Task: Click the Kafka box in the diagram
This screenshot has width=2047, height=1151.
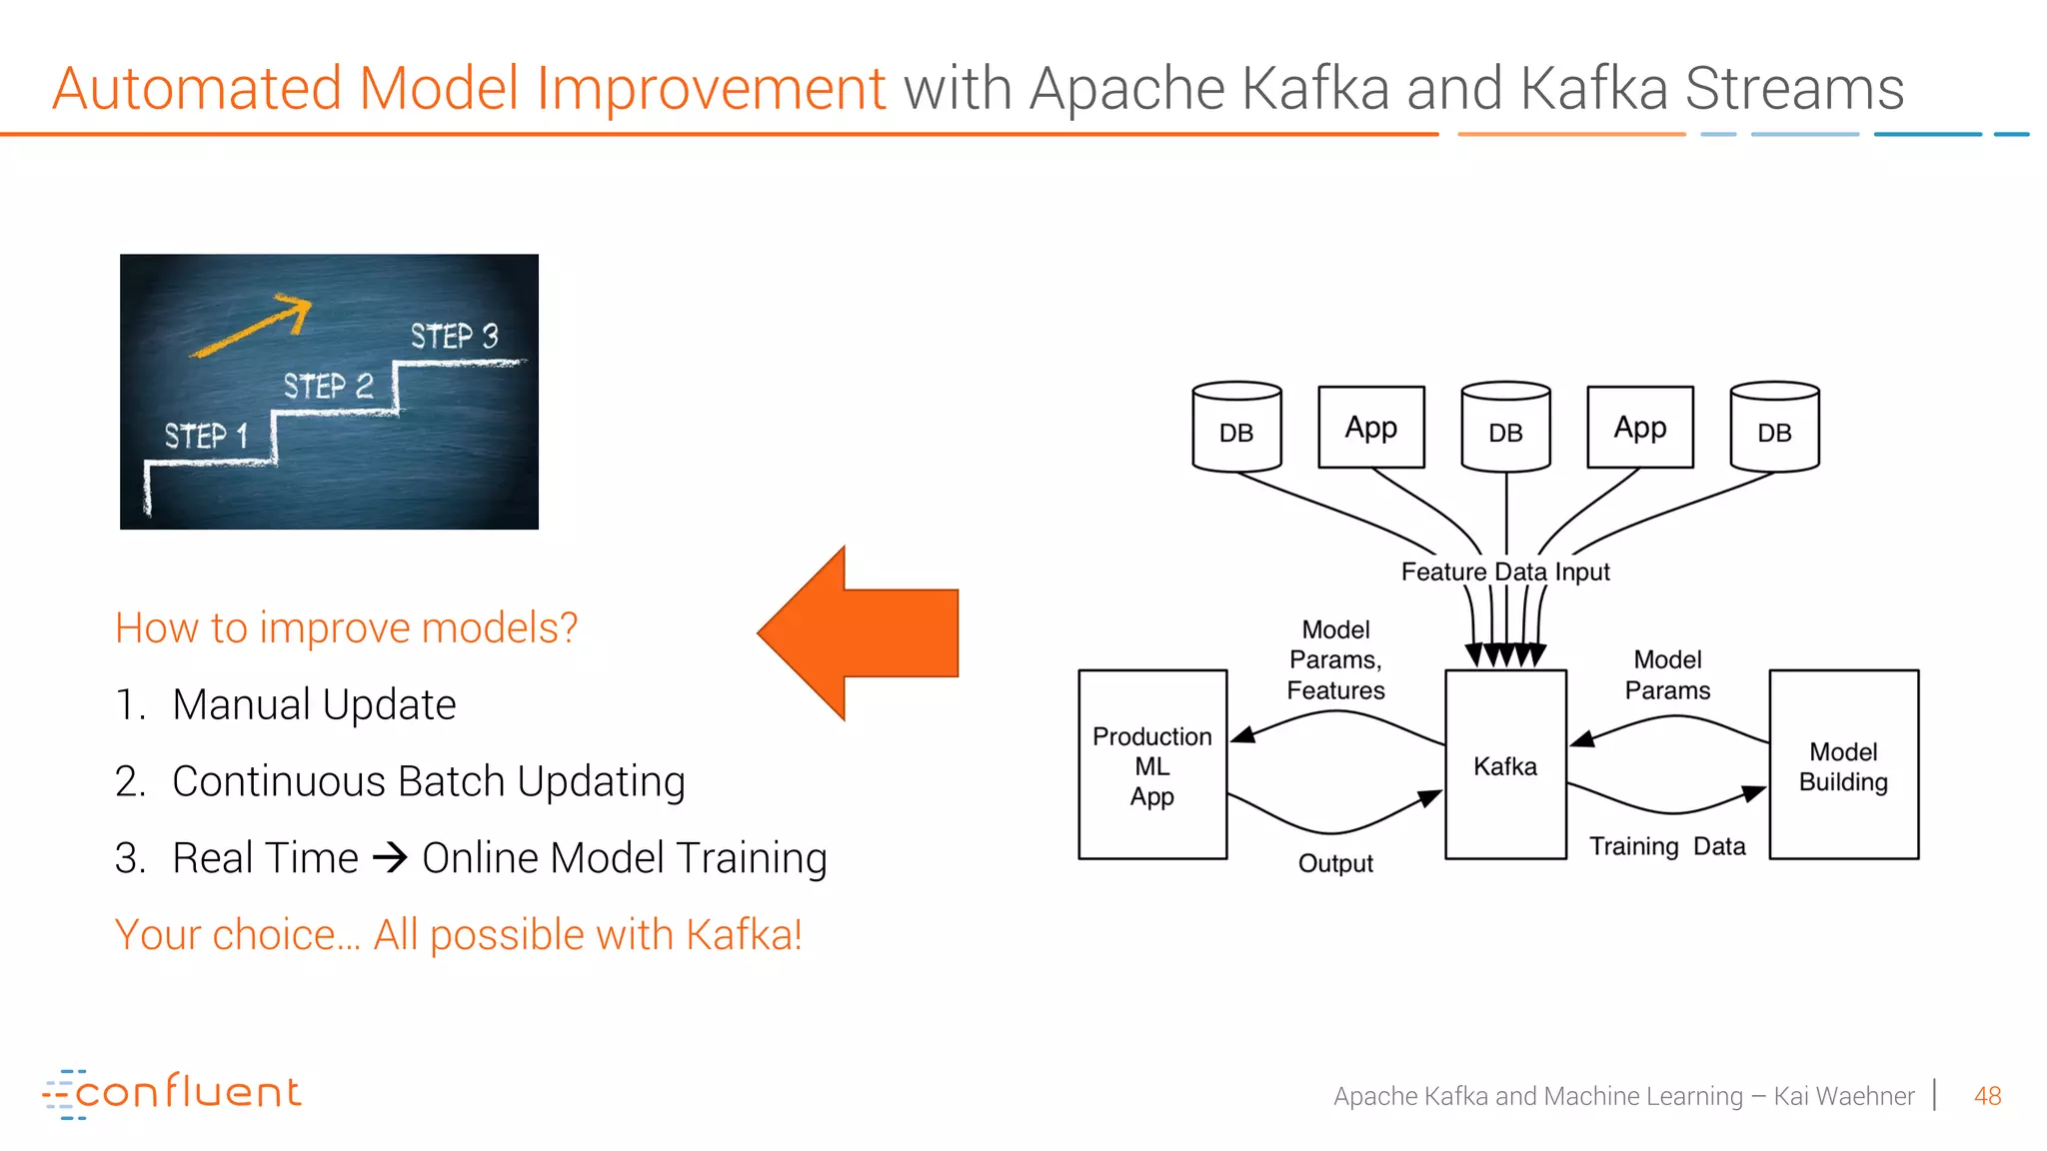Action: (1505, 764)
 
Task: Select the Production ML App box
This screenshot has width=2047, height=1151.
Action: (1152, 764)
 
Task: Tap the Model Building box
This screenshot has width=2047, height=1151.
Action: (1843, 764)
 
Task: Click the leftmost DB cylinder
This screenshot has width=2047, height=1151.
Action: (1236, 427)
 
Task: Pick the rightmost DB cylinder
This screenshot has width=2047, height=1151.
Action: (1774, 427)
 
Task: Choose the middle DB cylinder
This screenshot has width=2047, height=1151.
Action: (1505, 427)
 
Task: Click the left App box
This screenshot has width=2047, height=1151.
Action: (1371, 428)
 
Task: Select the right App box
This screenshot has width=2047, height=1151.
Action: (1640, 428)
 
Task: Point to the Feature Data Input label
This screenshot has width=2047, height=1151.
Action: (1505, 572)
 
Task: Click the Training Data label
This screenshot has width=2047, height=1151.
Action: (1667, 846)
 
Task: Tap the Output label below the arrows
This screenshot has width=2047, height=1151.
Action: (1335, 863)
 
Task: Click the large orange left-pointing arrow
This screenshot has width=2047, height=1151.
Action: (860, 633)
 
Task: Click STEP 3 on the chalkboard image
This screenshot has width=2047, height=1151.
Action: (454, 336)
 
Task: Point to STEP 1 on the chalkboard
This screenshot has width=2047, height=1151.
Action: (206, 436)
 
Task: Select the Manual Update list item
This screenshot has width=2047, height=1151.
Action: (313, 704)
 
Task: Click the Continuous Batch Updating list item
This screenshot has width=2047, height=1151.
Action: (428, 781)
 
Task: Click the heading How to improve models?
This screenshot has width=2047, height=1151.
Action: (346, 627)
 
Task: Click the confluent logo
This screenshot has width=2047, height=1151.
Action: (172, 1093)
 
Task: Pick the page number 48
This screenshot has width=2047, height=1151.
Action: (1987, 1096)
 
